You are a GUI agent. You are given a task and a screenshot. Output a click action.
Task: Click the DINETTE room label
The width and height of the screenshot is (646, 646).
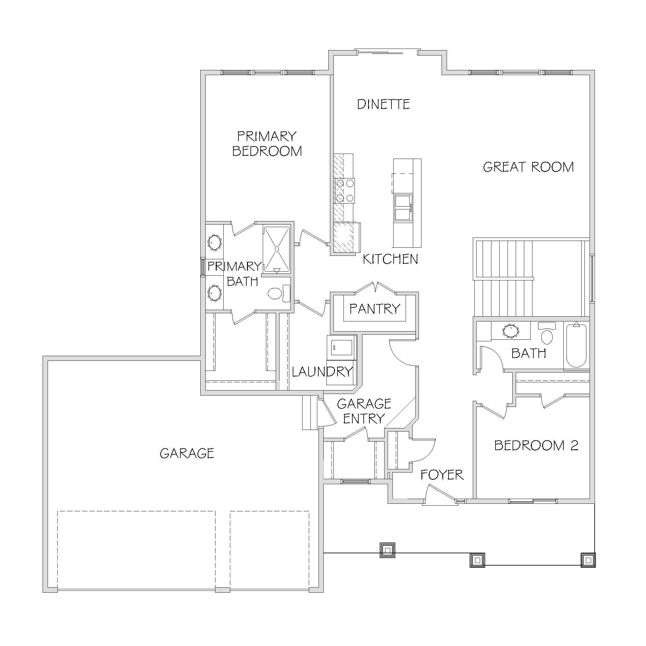click(384, 104)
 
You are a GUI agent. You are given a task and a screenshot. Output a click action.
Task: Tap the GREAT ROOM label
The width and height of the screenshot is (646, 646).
click(528, 167)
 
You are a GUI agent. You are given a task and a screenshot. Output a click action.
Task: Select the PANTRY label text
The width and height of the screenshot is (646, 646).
click(375, 308)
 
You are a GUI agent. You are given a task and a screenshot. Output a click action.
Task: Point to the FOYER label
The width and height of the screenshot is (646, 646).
click(442, 474)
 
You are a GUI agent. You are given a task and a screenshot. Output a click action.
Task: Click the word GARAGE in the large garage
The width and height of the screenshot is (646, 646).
click(187, 453)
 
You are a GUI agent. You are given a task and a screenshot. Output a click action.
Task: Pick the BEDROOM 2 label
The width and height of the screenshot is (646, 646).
click(536, 445)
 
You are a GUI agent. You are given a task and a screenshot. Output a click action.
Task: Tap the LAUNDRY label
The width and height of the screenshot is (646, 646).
click(322, 372)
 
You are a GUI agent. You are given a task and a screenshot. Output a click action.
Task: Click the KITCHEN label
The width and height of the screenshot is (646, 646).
click(391, 259)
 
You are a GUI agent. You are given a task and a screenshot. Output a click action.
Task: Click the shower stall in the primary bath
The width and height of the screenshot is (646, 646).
click(277, 249)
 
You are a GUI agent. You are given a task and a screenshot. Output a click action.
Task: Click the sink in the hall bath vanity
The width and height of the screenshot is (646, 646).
click(511, 331)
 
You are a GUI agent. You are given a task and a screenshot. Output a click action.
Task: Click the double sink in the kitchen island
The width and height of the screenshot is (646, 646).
click(403, 208)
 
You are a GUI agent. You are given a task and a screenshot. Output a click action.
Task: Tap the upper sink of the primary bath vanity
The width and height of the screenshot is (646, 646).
click(214, 242)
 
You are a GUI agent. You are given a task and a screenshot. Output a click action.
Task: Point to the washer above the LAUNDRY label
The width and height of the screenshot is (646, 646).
click(341, 347)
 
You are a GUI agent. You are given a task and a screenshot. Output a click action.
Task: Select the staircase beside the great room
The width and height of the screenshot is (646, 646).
click(531, 277)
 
